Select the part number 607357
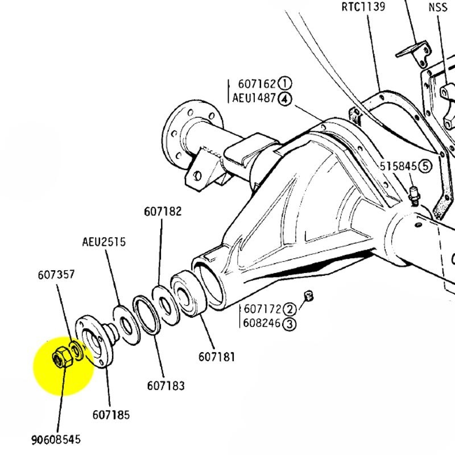pyautogui.click(x=56, y=275)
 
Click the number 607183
pyautogui.click(x=166, y=386)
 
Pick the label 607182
pyautogui.click(x=162, y=212)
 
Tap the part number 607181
pyautogui.click(x=217, y=357)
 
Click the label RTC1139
pyautogui.click(x=363, y=7)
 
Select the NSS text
pyautogui.click(x=438, y=7)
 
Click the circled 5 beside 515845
pyautogui.click(x=426, y=166)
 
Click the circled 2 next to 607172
pyautogui.click(x=290, y=309)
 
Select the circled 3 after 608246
pyautogui.click(x=290, y=324)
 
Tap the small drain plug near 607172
pyautogui.click(x=310, y=295)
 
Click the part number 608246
pyautogui.click(x=263, y=324)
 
